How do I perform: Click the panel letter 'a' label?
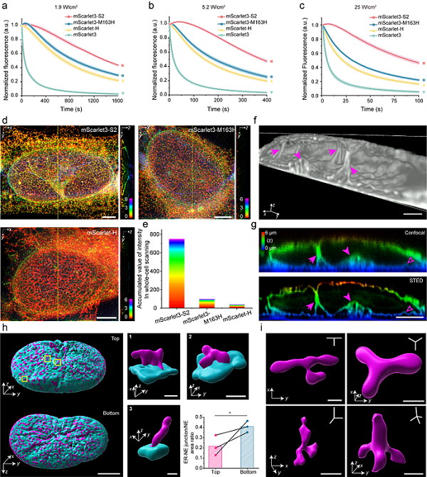tap(5, 5)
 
